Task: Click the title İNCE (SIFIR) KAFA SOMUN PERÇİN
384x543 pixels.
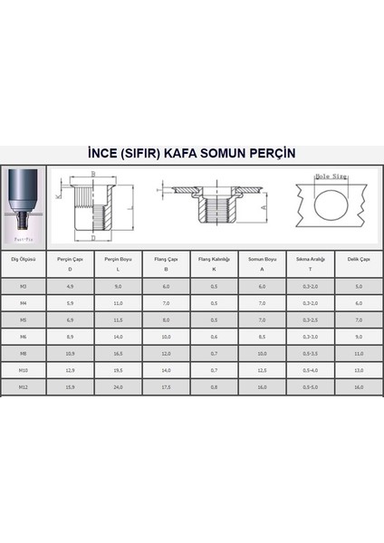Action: coord(192,153)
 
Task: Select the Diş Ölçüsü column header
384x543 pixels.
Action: coord(22,258)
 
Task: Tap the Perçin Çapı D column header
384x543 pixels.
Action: coord(70,262)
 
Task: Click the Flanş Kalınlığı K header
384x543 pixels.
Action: coord(214,262)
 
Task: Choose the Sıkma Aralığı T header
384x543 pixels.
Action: coord(310,262)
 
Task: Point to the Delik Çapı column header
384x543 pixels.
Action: coord(358,258)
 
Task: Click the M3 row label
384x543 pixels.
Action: coord(22,286)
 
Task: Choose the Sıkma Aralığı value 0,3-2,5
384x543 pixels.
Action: coord(310,319)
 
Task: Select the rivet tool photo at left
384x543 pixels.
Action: coord(23,205)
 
